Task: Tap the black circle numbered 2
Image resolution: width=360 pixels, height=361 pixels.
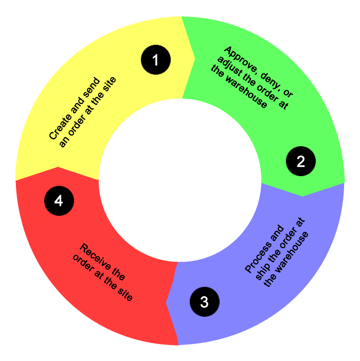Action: click(x=301, y=161)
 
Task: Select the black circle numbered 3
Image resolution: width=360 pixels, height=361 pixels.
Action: click(x=204, y=301)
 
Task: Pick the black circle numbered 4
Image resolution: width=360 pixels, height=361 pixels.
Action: click(x=59, y=200)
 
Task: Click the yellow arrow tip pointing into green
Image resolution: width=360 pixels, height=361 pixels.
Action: click(x=193, y=57)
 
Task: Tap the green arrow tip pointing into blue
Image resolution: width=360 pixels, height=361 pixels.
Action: click(x=303, y=195)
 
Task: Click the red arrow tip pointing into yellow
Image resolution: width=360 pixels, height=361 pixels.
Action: click(x=58, y=168)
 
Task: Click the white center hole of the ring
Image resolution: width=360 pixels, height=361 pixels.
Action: click(x=179, y=181)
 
